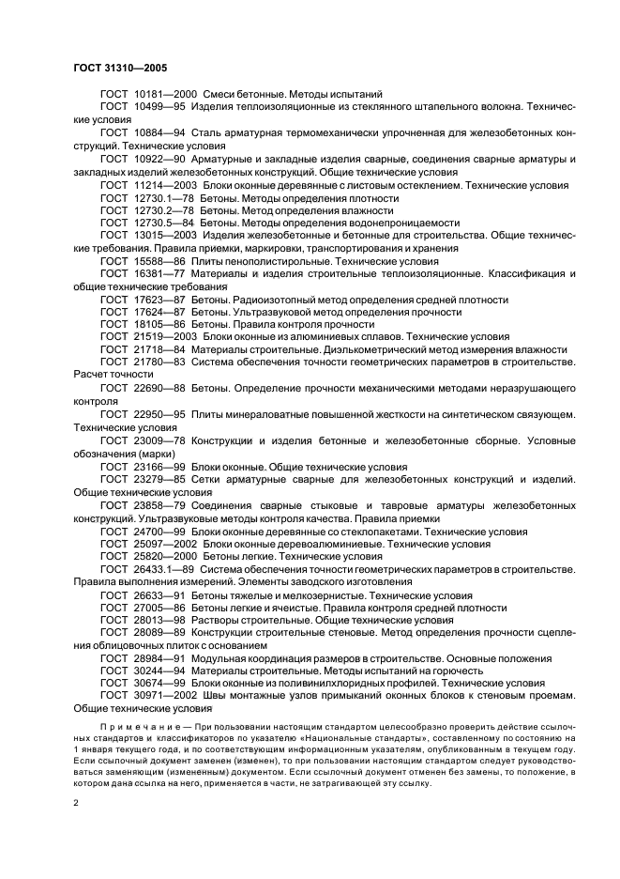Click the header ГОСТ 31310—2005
(x=118, y=68)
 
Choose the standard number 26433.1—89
(x=164, y=569)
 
